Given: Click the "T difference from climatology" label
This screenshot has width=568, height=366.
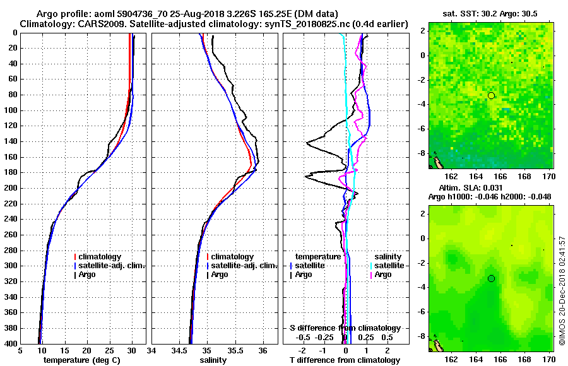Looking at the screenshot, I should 345,360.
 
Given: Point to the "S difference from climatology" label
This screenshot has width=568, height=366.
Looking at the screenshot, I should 345,328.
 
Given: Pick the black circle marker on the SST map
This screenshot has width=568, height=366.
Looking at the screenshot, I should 491,95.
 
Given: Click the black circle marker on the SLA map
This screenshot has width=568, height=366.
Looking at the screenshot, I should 491,278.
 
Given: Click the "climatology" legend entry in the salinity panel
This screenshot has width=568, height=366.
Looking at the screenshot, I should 232,257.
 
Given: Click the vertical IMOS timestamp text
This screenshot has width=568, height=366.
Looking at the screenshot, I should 562,291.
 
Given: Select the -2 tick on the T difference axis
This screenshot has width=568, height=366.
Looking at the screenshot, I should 304,351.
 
